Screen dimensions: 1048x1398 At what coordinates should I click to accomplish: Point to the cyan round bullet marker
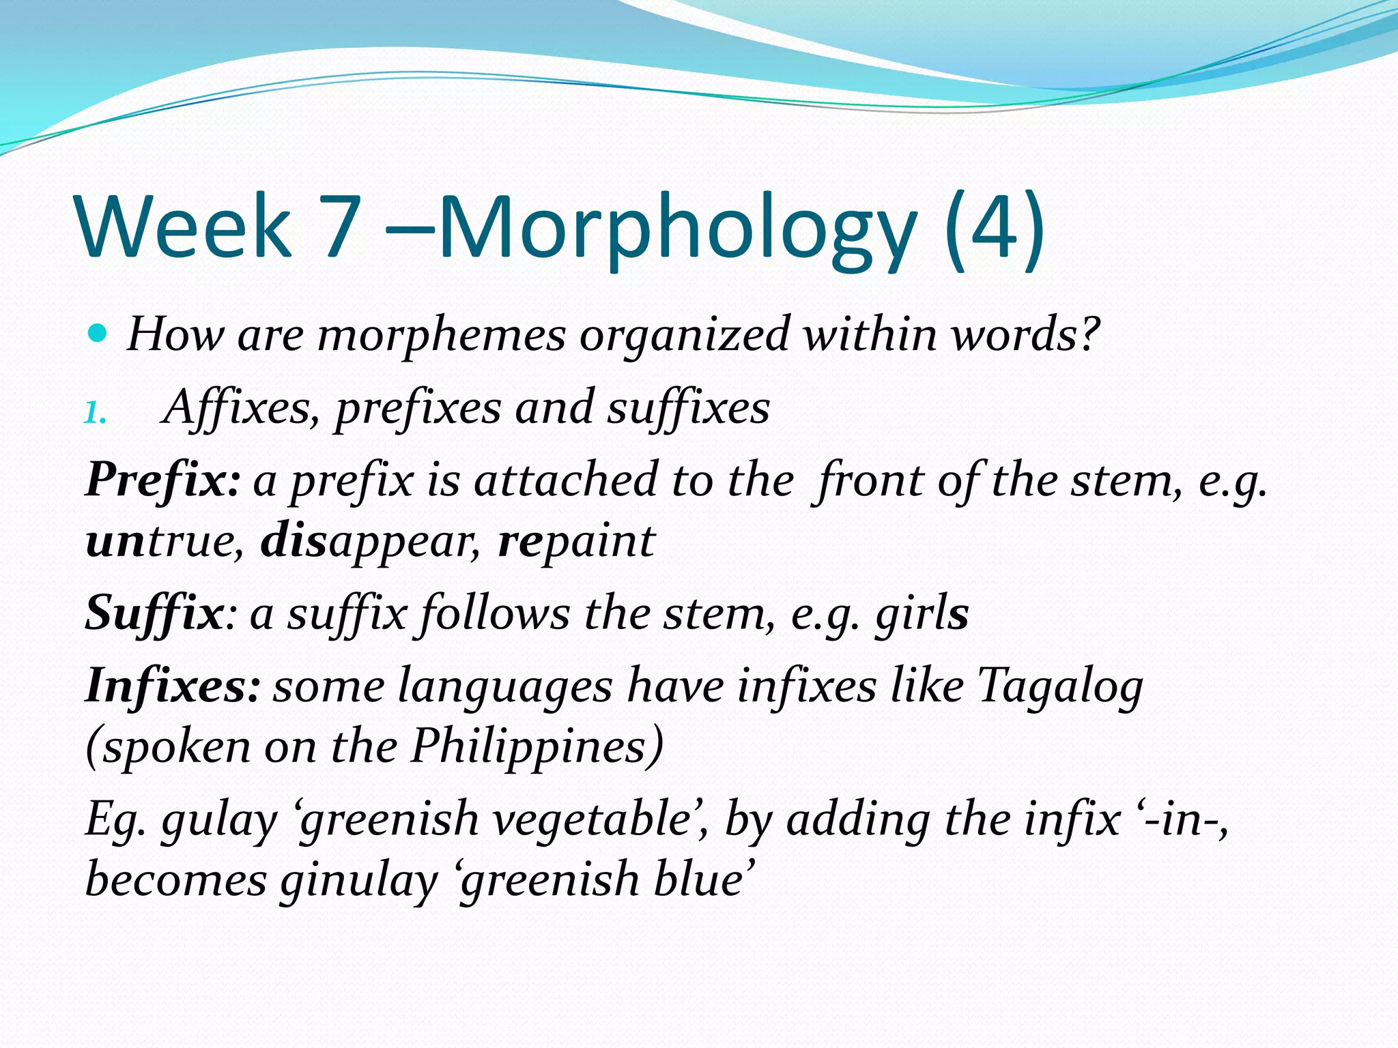click(x=98, y=334)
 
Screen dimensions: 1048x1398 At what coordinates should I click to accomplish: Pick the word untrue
click(x=165, y=541)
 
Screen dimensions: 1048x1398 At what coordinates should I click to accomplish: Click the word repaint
click(x=576, y=541)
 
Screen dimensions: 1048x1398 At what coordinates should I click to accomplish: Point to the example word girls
click(x=922, y=613)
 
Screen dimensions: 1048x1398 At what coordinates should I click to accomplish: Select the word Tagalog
click(x=1060, y=686)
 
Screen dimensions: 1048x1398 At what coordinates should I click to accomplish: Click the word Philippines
click(x=537, y=746)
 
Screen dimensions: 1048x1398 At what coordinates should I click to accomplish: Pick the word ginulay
click(x=358, y=879)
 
